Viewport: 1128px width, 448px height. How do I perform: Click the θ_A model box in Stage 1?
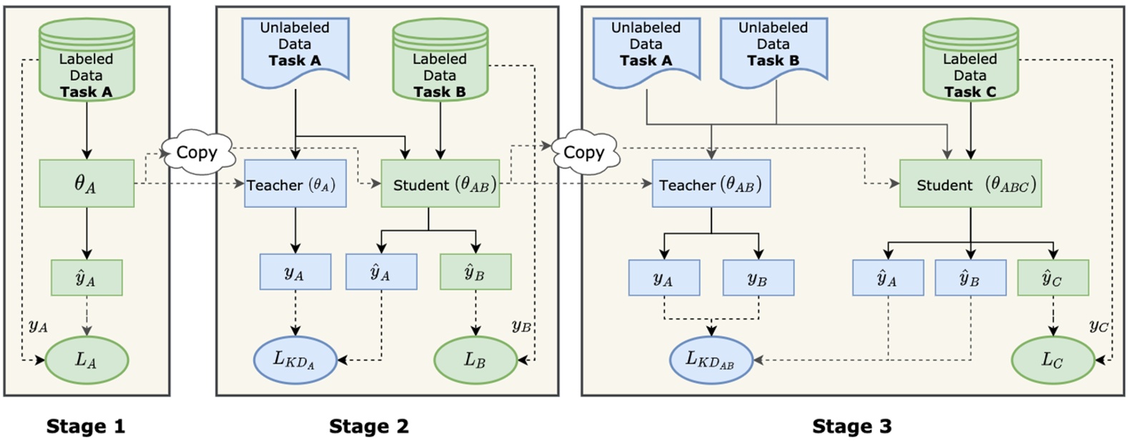tap(86, 184)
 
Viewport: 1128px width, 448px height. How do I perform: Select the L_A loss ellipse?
tap(86, 359)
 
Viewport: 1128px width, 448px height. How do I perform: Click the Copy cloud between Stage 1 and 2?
tap(197, 152)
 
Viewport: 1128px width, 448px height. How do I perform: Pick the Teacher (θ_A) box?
tap(295, 184)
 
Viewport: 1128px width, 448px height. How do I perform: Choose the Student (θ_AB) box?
tap(440, 184)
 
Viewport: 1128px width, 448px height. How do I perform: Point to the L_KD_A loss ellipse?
tap(295, 359)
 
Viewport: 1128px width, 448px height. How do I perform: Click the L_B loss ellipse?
tap(475, 359)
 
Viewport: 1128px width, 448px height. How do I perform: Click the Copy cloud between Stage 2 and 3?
tap(584, 152)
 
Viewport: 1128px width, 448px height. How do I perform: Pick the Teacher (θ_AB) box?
tap(711, 184)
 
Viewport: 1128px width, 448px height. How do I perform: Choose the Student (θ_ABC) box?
tap(970, 184)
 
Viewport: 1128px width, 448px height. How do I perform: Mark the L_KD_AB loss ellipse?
tap(711, 359)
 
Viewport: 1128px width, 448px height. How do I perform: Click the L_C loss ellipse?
tap(1052, 359)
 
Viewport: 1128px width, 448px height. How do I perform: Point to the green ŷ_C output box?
tap(1052, 277)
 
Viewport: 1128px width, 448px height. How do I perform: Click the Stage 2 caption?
tap(369, 427)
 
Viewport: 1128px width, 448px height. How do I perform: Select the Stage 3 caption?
tap(851, 427)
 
